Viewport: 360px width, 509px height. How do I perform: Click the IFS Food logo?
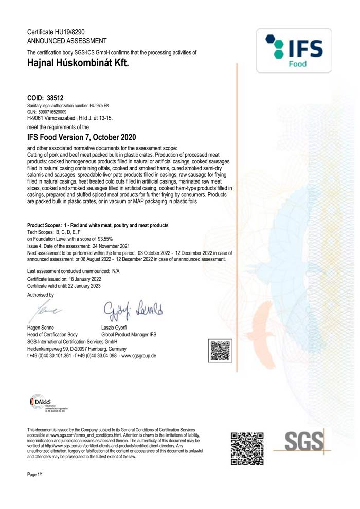295,50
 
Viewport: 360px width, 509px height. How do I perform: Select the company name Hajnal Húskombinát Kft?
78,63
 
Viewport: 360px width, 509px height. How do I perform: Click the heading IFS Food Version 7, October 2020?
81,137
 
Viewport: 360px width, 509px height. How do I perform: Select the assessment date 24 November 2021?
117,246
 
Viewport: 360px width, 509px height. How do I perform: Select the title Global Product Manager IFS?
129,335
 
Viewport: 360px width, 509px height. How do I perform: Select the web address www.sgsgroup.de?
139,356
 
